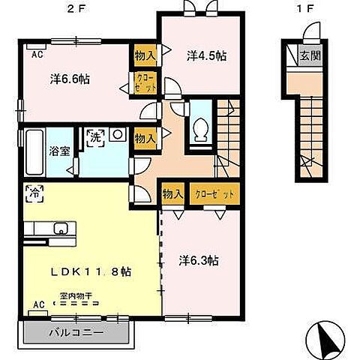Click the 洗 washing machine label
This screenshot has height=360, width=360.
click(96, 137)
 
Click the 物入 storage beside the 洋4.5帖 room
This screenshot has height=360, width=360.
click(144, 55)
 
